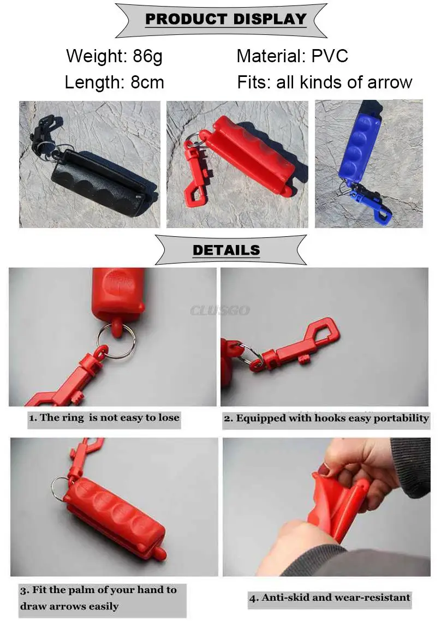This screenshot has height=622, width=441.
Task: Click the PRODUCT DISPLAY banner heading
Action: (x=226, y=19)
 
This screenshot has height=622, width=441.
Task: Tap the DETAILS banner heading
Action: (x=227, y=250)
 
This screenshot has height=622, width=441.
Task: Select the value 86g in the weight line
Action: (x=147, y=57)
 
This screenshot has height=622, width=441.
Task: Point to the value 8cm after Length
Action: (x=147, y=82)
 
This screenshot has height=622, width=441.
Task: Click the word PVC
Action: (x=330, y=56)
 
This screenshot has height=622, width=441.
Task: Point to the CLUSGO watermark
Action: (x=220, y=310)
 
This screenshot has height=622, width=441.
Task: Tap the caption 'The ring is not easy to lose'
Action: (x=104, y=418)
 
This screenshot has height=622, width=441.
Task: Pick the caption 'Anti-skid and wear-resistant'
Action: (x=330, y=597)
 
